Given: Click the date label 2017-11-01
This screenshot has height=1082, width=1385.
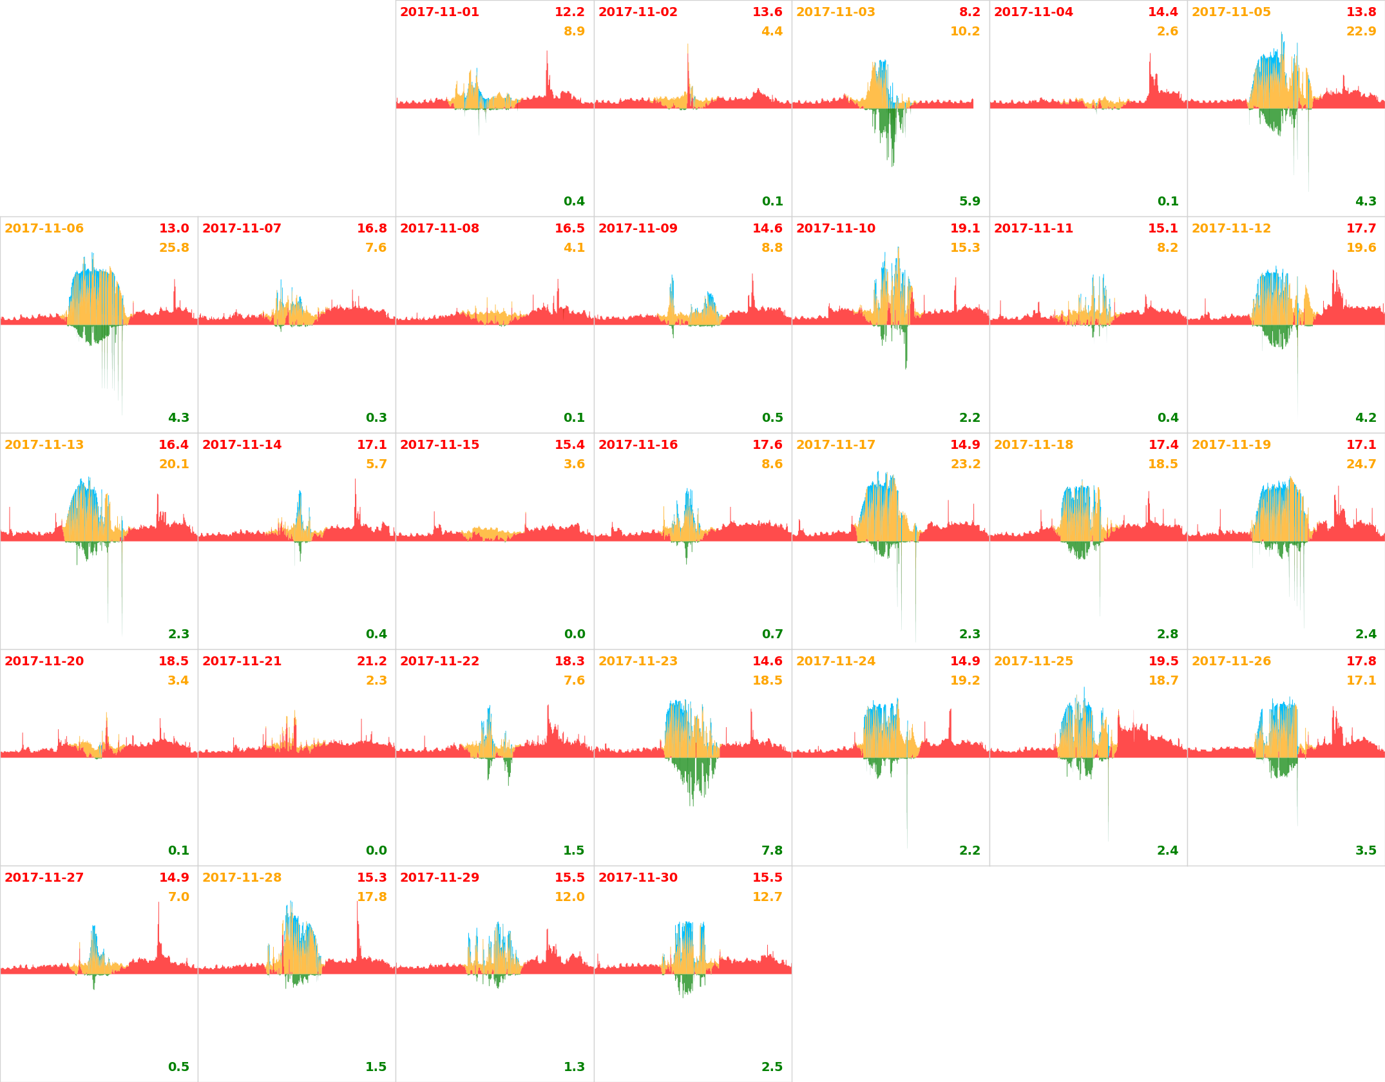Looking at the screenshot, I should (439, 12).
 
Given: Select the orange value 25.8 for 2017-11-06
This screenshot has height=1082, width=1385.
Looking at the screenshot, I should (174, 248).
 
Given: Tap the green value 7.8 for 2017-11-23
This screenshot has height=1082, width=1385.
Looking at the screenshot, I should (772, 851).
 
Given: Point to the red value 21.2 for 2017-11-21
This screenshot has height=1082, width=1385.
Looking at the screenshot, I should (372, 661).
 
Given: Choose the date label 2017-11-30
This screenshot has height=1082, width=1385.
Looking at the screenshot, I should (638, 878).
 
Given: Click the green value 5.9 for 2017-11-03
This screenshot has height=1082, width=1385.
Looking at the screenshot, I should (969, 202).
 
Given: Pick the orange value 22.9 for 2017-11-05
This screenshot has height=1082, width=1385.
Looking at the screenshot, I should (1361, 32).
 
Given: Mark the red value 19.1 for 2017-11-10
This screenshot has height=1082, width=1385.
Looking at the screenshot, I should (965, 229).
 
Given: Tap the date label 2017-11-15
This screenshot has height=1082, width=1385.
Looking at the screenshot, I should (439, 445).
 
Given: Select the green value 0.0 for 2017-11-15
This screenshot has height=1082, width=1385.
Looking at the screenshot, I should (574, 634).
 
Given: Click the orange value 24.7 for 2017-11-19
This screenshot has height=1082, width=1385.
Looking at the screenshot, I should (1361, 464).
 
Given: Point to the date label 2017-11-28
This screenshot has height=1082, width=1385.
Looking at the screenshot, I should (242, 878).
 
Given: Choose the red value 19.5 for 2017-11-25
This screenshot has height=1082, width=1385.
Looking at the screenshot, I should (1163, 661).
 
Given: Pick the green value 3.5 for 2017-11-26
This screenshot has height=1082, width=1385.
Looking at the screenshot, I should (1365, 851).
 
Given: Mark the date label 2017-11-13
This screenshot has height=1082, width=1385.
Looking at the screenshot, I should (44, 445).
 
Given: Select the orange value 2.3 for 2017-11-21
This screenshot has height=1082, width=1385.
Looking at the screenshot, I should (376, 681).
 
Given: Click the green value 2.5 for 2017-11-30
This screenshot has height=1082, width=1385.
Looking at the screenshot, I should (772, 1067).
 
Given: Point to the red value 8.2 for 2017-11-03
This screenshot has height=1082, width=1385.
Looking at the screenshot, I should (969, 12).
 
